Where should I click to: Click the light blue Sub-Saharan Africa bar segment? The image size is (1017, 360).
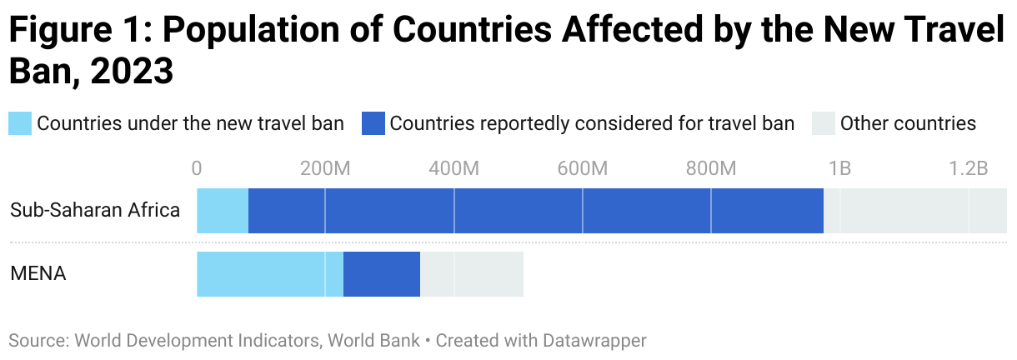pyautogui.click(x=223, y=211)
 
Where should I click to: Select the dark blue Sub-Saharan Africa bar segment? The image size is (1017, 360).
pyautogui.click(x=535, y=211)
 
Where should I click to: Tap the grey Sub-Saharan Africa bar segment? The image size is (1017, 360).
pyautogui.click(x=914, y=211)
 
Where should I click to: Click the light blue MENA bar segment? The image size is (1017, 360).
pyautogui.click(x=269, y=274)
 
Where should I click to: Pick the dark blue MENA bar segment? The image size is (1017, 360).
pyautogui.click(x=381, y=274)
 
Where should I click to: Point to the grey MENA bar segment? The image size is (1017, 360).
pyautogui.click(x=471, y=274)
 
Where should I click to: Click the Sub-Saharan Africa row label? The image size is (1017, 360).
pyautogui.click(x=95, y=210)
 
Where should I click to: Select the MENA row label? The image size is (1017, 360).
pyautogui.click(x=38, y=273)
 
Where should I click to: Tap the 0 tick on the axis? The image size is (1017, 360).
pyautogui.click(x=197, y=168)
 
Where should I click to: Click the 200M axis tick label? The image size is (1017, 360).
pyautogui.click(x=325, y=168)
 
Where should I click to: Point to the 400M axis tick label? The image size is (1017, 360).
pyautogui.click(x=454, y=168)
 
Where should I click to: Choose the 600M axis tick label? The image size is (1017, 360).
pyautogui.click(x=583, y=168)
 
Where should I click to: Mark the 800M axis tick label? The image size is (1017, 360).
pyautogui.click(x=711, y=168)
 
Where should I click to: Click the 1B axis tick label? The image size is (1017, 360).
pyautogui.click(x=839, y=168)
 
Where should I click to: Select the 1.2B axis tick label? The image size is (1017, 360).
pyautogui.click(x=968, y=168)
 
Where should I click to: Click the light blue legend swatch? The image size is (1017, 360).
pyautogui.click(x=20, y=124)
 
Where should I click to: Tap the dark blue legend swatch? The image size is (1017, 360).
pyautogui.click(x=373, y=124)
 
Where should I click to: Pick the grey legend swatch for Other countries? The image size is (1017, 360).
pyautogui.click(x=824, y=124)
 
